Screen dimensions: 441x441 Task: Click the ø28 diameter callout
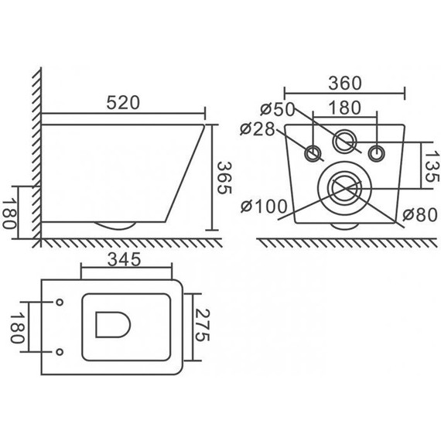click(257, 128)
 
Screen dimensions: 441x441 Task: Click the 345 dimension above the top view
click(124, 260)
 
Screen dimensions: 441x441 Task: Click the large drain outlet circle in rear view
click(344, 186)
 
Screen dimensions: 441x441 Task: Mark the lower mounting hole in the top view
click(60, 352)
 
